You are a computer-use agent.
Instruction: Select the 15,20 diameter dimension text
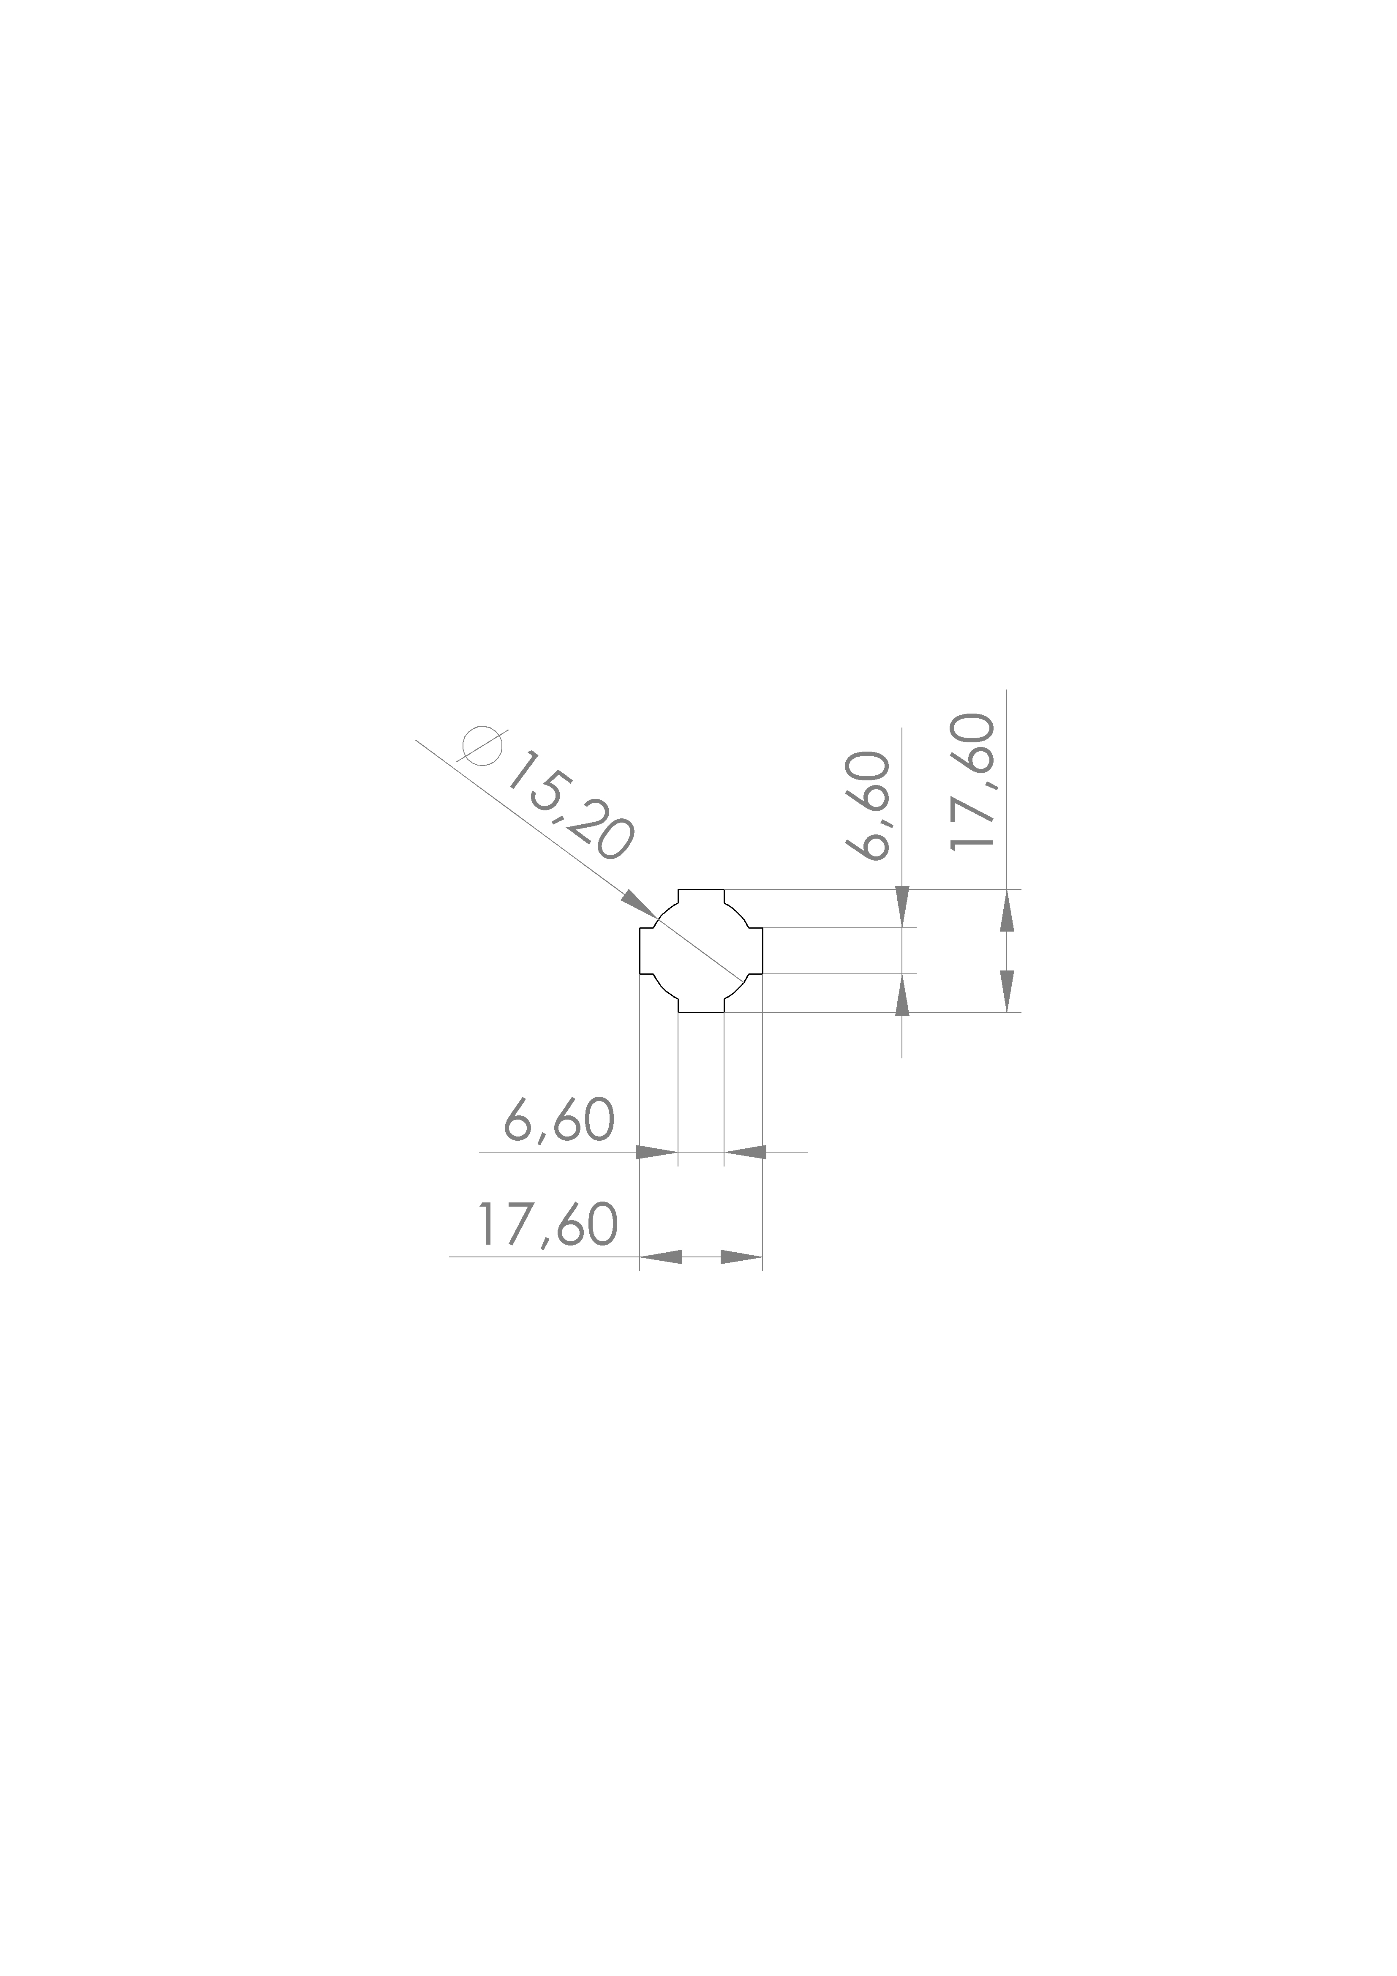[570, 807]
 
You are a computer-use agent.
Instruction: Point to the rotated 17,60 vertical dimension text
[972, 782]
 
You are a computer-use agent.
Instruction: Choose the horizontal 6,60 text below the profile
[559, 1120]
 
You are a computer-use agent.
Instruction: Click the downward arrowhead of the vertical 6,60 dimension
[902, 908]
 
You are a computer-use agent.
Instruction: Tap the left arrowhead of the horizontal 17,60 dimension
[661, 1257]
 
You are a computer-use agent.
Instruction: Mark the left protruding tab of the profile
[647, 951]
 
